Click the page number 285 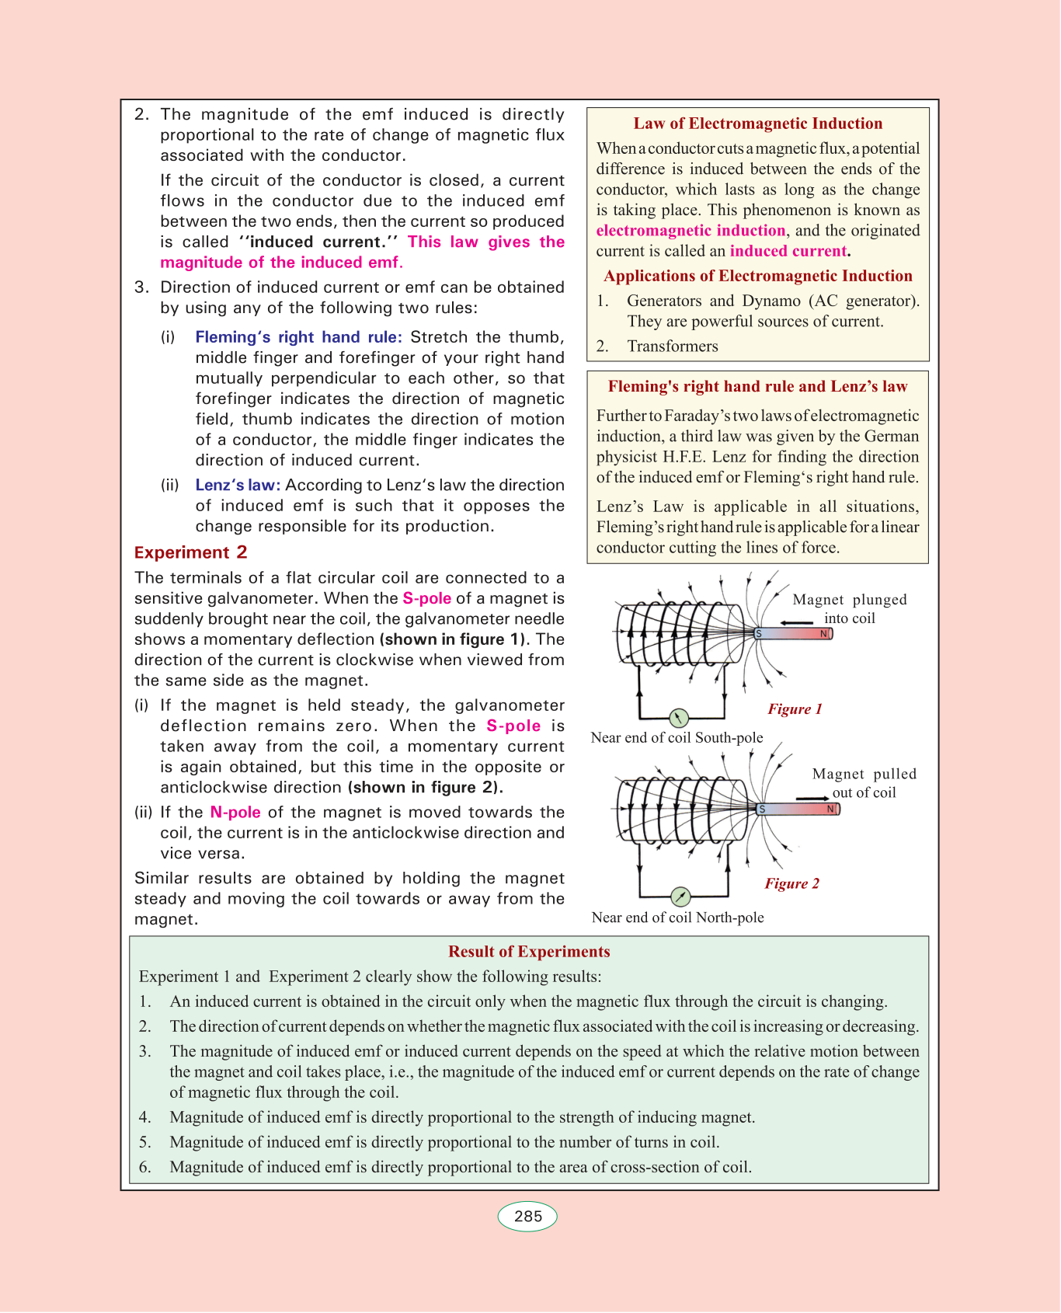(x=527, y=1216)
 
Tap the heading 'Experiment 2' (x=190, y=552)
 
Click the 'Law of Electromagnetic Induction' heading (x=757, y=124)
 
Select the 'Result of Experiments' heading (x=529, y=952)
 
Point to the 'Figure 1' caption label (x=795, y=709)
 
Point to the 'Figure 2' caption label (x=791, y=883)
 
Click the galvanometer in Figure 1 (x=678, y=718)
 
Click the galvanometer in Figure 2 (x=680, y=897)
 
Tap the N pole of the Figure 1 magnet (x=824, y=634)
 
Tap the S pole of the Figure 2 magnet (x=762, y=810)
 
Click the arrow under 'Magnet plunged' (x=797, y=622)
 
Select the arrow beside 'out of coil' (x=812, y=798)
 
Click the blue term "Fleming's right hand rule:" (x=298, y=337)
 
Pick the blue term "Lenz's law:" (x=238, y=485)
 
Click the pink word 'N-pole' (x=235, y=812)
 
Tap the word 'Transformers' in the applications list (x=673, y=347)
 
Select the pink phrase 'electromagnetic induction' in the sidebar (x=691, y=231)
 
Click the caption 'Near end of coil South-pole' (x=677, y=737)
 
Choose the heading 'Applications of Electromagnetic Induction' (x=757, y=276)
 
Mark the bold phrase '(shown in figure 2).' (x=425, y=787)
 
